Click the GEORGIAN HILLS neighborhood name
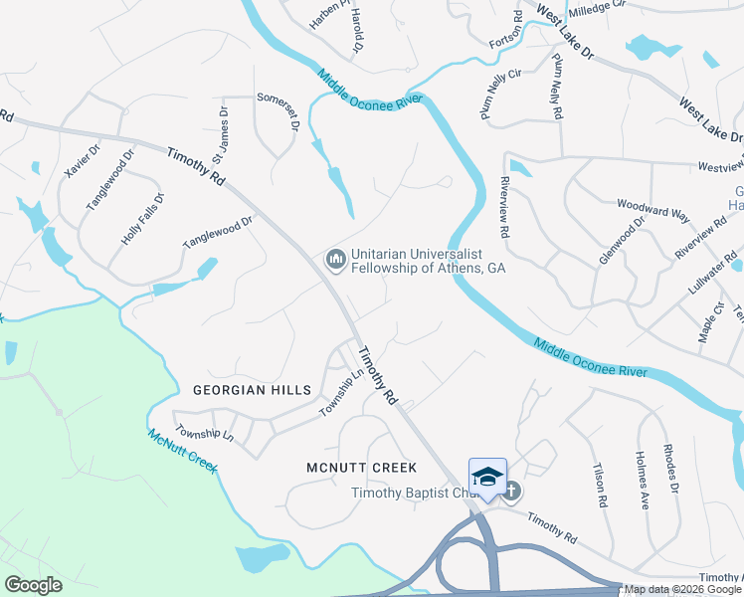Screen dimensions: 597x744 pyautogui.click(x=252, y=390)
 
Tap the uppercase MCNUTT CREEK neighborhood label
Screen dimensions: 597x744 pyautogui.click(x=361, y=467)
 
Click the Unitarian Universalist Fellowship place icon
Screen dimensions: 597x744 pyautogui.click(x=335, y=260)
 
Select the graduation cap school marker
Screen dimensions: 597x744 pyautogui.click(x=487, y=476)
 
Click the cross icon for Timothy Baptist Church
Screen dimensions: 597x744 pyautogui.click(x=511, y=490)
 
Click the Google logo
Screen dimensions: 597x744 pyautogui.click(x=33, y=585)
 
